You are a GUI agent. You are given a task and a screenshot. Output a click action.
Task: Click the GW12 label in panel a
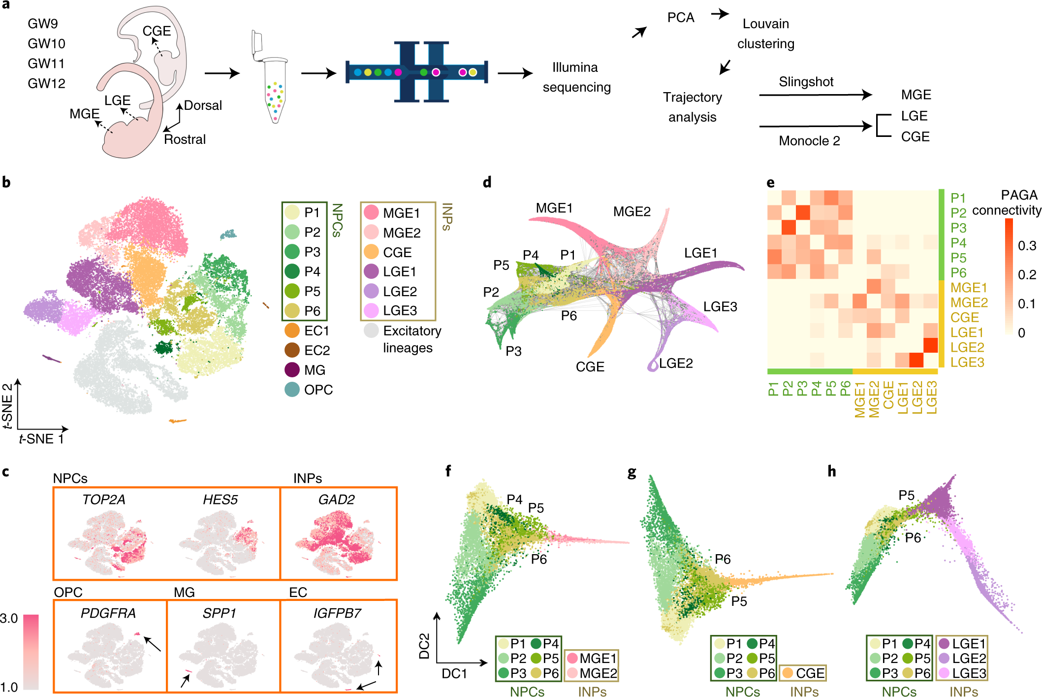46,83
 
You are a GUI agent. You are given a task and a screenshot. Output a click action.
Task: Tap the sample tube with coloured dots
274,89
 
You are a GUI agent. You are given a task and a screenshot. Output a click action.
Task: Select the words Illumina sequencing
576,77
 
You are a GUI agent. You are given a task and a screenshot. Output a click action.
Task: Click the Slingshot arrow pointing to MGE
816,95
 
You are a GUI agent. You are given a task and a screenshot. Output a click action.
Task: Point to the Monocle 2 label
809,141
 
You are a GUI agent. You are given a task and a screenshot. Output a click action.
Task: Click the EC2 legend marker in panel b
292,350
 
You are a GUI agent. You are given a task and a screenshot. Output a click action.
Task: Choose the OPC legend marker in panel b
292,390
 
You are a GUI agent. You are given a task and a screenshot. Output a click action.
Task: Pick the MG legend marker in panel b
292,370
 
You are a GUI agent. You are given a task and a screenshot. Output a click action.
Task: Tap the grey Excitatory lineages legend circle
371,331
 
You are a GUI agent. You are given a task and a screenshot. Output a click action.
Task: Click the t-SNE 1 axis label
41,439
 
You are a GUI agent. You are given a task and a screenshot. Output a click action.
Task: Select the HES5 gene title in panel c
220,500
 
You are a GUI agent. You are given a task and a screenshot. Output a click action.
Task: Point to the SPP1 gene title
219,613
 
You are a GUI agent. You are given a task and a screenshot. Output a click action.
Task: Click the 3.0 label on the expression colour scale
9,619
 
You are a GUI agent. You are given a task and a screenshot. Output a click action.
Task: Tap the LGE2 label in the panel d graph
676,364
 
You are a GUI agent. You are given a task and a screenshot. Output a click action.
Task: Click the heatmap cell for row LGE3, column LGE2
916,361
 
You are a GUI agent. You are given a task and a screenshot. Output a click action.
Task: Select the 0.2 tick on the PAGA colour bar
1027,275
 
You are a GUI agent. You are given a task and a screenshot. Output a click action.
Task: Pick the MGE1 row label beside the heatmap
969,288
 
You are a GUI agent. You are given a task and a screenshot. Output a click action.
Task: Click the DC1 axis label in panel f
454,674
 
